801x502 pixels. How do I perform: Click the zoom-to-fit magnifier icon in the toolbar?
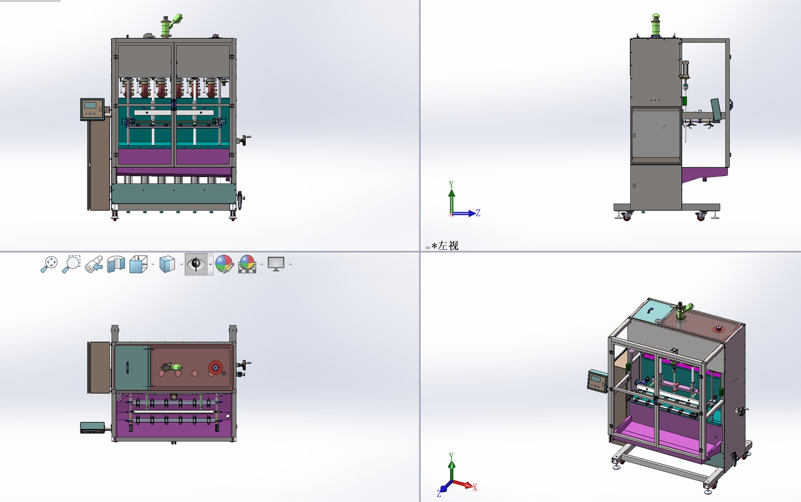coord(49,264)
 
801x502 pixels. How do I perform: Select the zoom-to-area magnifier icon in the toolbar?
coord(71,264)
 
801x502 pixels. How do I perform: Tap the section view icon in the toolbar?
coord(116,264)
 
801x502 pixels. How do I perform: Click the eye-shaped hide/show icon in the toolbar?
coord(196,264)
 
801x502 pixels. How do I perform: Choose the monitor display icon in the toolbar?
coord(276,264)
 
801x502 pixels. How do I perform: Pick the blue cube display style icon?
coord(167,264)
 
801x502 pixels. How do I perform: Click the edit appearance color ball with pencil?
coord(224,264)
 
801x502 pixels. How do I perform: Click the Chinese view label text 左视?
coord(447,246)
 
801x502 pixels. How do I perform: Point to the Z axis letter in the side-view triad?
coord(478,213)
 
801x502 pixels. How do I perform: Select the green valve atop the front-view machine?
coord(171,24)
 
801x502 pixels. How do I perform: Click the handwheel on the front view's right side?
coord(245,139)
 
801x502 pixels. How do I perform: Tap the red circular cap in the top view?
coord(215,367)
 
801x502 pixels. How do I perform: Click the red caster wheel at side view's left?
coord(627,217)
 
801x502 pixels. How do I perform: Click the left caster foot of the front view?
coord(114,216)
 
